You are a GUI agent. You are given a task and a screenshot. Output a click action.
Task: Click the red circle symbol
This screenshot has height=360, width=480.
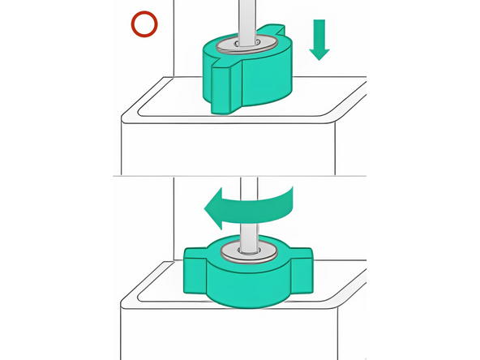145,25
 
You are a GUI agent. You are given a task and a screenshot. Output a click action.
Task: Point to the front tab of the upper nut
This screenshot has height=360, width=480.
221,88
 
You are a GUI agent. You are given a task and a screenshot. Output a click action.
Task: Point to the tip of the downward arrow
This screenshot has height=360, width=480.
319,58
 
